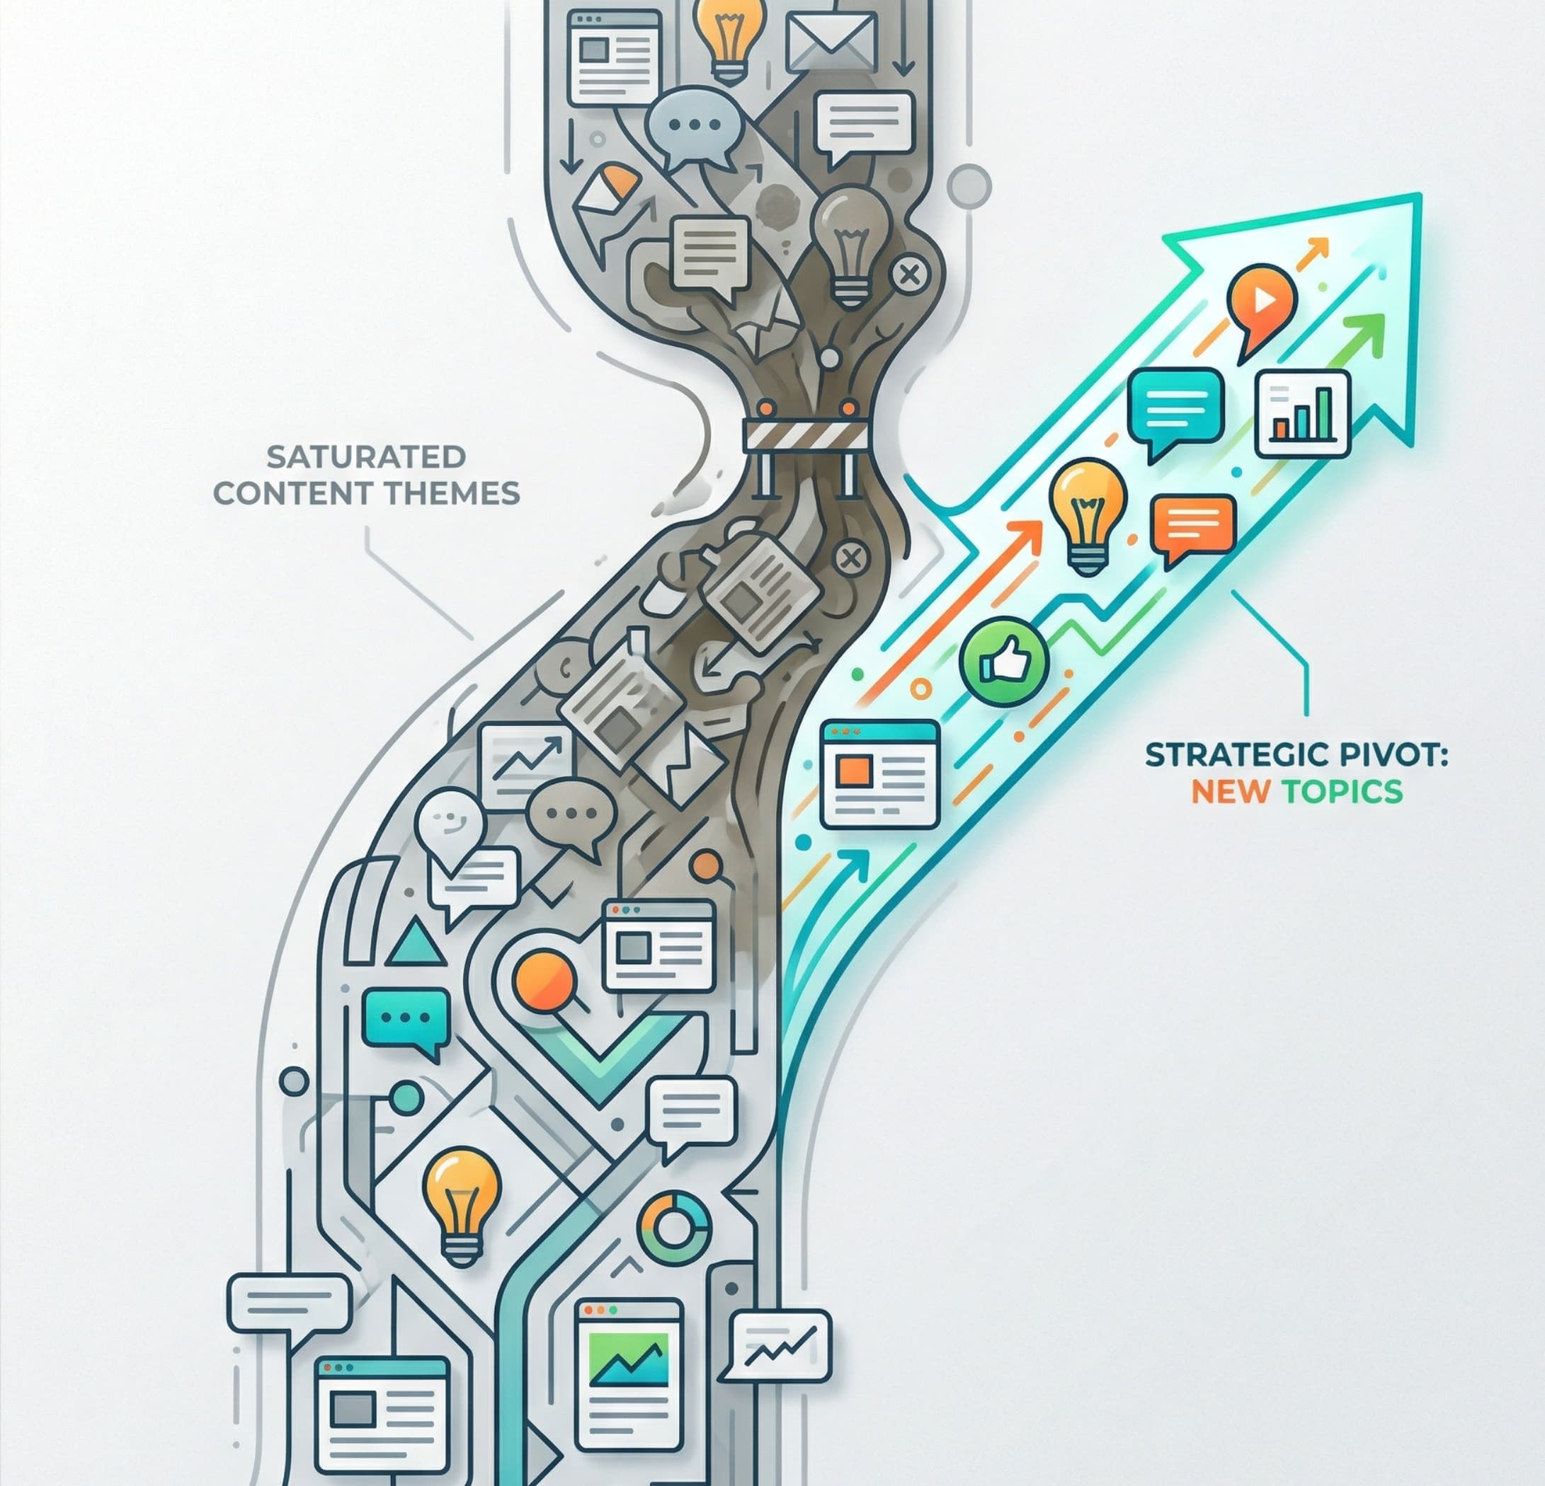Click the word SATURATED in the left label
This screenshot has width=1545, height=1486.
click(366, 456)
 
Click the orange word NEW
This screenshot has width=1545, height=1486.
click(1229, 791)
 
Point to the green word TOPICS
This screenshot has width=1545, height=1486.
click(1342, 791)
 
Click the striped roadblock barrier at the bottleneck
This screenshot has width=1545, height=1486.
click(805, 434)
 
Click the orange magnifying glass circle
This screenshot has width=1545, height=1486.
click(542, 979)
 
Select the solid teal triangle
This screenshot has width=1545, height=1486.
click(416, 945)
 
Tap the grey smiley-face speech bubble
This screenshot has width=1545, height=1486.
click(448, 822)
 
